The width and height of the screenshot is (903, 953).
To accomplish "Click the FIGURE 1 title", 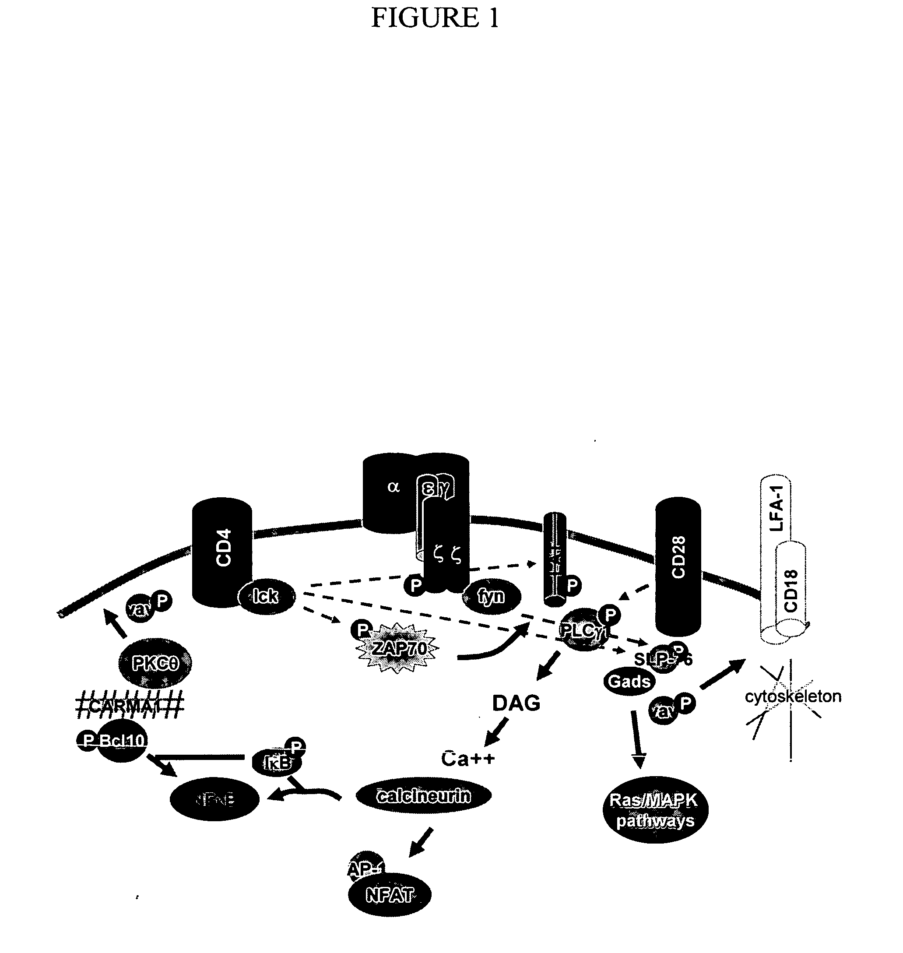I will (x=435, y=18).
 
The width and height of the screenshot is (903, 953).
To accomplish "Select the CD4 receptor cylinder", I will (x=222, y=549).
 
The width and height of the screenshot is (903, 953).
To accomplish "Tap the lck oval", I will (x=266, y=596).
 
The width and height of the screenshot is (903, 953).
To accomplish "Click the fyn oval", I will (x=491, y=596).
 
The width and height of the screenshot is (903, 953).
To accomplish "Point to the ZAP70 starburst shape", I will (x=398, y=648).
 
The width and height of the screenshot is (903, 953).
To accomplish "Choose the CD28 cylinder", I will (x=678, y=563).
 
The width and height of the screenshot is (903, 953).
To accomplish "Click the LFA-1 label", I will (x=777, y=508).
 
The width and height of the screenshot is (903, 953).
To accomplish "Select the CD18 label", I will (x=791, y=591).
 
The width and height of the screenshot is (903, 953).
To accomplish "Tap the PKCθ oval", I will (x=155, y=663).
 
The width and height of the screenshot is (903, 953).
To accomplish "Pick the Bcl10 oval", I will (x=122, y=740).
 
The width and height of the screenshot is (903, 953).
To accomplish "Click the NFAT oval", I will (x=390, y=895).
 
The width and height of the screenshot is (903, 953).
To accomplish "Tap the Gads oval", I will (x=629, y=681).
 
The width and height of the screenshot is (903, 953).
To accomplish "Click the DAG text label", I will (x=516, y=703).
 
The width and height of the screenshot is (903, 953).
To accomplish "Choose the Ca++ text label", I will (x=468, y=759).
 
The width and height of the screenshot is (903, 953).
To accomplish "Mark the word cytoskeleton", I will (x=793, y=696).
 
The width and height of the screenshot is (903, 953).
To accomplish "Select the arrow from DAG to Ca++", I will (x=497, y=732).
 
